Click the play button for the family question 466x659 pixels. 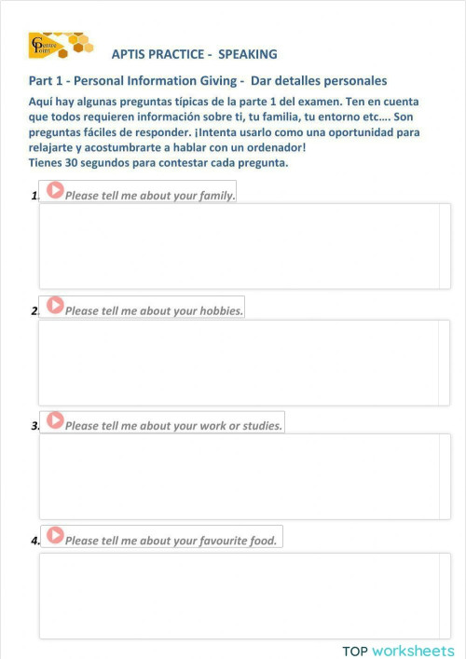pos(55,190)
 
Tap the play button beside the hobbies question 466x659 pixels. pos(55,305)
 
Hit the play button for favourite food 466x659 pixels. pos(55,535)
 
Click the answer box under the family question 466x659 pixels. pos(239,246)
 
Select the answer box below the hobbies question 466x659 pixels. pos(239,362)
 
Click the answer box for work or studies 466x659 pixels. pos(239,476)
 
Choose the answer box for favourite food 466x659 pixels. pos(239,596)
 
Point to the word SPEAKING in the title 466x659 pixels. pos(248,55)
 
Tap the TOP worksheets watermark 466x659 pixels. pos(398,651)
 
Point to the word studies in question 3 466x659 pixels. pos(259,426)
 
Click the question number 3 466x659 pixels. pos(34,426)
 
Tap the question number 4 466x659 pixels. pos(34,541)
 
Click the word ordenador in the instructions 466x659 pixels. pos(271,148)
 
